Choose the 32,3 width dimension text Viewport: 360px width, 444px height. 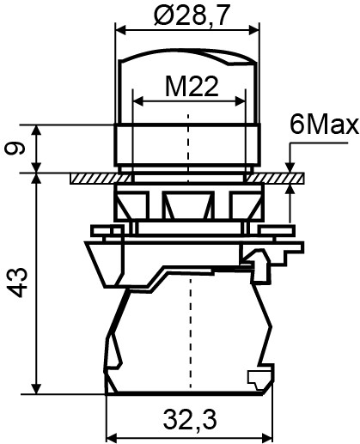186,420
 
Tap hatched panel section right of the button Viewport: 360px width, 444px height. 279,178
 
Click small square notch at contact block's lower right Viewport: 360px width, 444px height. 255,377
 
